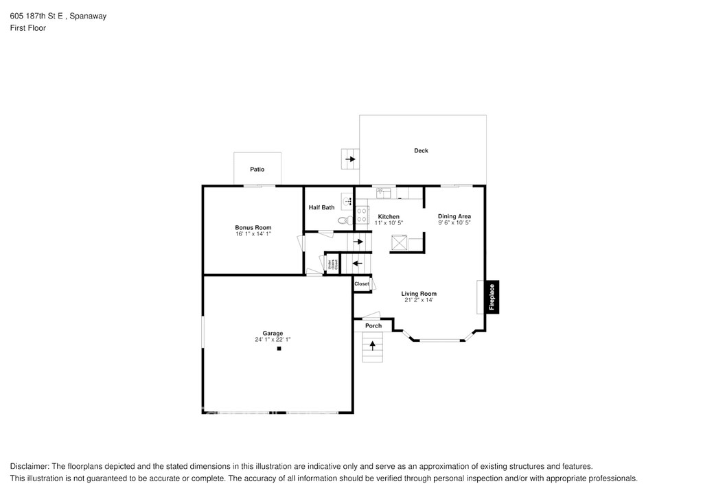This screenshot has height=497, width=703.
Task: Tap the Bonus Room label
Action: point(253,228)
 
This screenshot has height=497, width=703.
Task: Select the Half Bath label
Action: point(321,207)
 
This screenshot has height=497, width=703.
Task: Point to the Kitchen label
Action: point(389,217)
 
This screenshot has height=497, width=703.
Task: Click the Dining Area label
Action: point(454,217)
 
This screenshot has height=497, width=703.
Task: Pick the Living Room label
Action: point(419,294)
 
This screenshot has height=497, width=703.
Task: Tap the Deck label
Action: point(421,151)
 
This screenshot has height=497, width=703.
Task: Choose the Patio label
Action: point(257,169)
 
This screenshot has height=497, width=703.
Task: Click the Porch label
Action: point(373,325)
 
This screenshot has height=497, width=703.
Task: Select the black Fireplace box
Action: point(492,298)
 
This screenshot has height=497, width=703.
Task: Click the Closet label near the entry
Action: point(362,284)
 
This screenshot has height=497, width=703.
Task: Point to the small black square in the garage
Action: point(279,349)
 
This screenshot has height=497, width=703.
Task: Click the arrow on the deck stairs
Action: point(351,160)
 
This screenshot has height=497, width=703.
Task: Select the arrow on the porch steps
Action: point(373,346)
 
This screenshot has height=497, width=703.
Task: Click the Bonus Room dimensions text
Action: point(253,234)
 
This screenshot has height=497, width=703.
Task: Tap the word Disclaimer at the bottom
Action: point(29,465)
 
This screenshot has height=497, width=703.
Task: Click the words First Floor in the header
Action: point(28,28)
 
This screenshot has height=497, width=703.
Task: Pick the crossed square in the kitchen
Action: point(399,242)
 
